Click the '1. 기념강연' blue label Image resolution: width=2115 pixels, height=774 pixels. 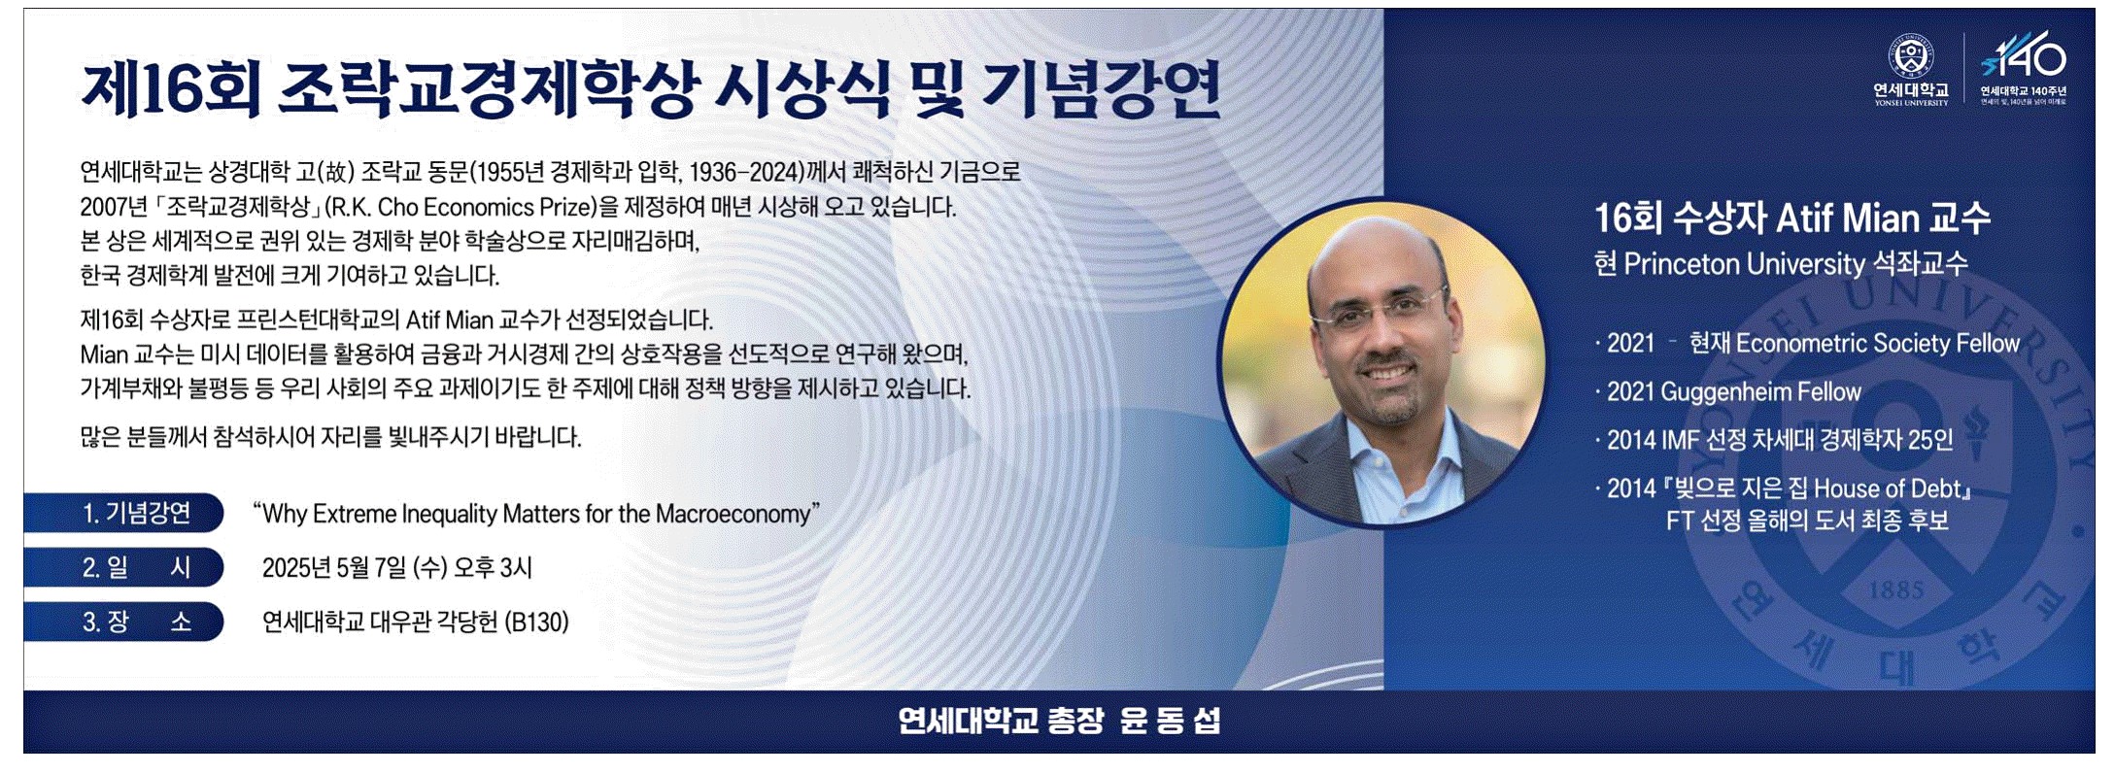[123, 513]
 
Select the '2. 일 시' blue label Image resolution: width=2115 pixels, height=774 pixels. [123, 567]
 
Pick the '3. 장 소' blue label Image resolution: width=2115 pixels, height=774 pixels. [123, 622]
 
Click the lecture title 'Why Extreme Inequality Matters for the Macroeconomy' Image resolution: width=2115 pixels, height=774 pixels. [535, 514]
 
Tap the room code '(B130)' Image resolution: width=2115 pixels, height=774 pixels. [536, 622]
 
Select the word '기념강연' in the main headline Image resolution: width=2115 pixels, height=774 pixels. [1101, 89]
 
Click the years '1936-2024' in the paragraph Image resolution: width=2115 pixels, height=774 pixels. [747, 173]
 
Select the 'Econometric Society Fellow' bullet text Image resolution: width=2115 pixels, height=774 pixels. [1878, 344]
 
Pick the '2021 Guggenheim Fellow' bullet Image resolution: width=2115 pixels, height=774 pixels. [1734, 392]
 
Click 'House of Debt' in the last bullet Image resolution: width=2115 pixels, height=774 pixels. [1888, 488]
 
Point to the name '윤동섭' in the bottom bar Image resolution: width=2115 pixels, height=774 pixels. [1170, 721]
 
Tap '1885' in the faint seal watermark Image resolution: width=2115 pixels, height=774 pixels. [1895, 589]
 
